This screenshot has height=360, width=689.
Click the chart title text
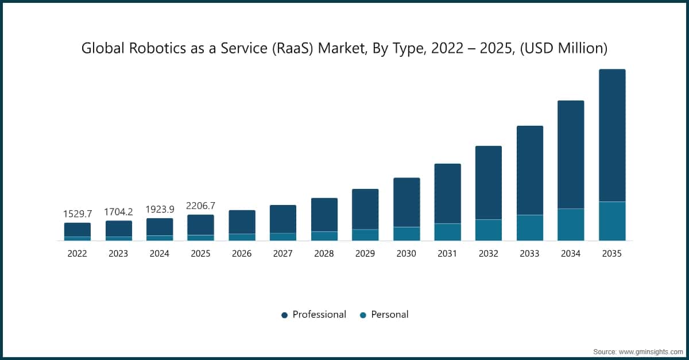pyautogui.click(x=344, y=49)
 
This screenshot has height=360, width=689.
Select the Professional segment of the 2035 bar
pyautogui.click(x=612, y=135)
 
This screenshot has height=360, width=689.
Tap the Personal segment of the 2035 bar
pyautogui.click(x=612, y=221)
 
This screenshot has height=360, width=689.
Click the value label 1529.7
pyautogui.click(x=77, y=214)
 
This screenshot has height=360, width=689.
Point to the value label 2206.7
pyautogui.click(x=200, y=206)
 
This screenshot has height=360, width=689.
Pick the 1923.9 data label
pyautogui.click(x=160, y=209)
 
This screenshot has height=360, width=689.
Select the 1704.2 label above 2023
pyautogui.click(x=118, y=212)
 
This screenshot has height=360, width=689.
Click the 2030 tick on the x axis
pyautogui.click(x=407, y=253)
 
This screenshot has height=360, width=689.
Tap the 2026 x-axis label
pyautogui.click(x=242, y=253)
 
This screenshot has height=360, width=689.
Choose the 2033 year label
pyautogui.click(x=529, y=253)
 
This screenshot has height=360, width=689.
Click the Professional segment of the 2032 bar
pyautogui.click(x=489, y=183)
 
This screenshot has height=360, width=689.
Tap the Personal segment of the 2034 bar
pyautogui.click(x=571, y=224)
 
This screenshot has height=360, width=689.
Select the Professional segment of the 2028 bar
pyautogui.click(x=324, y=215)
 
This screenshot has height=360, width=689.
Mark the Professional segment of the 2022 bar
pyautogui.click(x=78, y=230)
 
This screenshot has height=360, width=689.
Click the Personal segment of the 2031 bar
pyautogui.click(x=447, y=232)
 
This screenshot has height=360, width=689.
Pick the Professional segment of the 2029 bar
pyautogui.click(x=365, y=209)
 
